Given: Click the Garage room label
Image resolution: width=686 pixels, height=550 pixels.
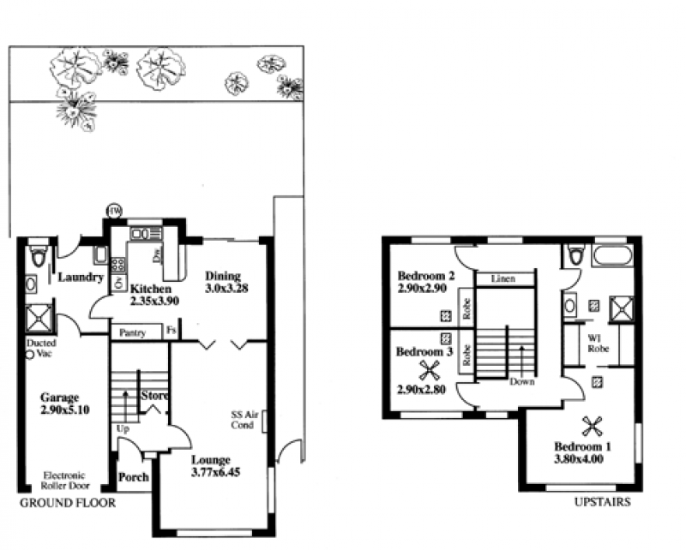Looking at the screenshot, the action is pos(59,398).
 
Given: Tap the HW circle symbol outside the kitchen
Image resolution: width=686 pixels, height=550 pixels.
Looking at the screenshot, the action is pos(115,211).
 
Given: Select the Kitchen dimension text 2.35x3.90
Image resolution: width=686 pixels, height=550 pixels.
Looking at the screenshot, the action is pos(155,301).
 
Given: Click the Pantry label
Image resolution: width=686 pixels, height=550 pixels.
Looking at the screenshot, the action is pos(132,333).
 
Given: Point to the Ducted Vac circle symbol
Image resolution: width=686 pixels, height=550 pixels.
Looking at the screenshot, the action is pos(30,355).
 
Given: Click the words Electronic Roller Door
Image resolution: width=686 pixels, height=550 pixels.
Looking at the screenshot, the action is pos(65,480).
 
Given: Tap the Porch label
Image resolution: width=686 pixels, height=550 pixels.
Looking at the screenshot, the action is pos(134,477).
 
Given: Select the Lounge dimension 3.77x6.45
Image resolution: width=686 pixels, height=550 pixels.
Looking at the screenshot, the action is pos(216,472).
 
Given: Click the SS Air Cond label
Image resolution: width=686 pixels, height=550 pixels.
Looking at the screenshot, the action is pos(244,420).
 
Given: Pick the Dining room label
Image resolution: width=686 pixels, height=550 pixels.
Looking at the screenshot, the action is pos(223,276).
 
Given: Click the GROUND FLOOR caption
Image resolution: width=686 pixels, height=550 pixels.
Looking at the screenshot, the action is pos(68,503).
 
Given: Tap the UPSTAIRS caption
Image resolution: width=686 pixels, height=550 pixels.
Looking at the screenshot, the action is pos(603,502).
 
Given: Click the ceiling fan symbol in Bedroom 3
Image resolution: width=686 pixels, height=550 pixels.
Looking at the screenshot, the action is pos(429,370).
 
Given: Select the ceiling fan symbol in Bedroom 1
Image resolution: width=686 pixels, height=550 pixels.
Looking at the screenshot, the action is pos(592,427).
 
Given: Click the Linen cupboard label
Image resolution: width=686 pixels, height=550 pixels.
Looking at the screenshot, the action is pos(503,278).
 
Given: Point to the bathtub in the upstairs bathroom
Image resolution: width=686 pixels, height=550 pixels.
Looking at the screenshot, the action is pos(612,255).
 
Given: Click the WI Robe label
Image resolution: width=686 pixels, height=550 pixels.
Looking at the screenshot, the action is pos(598,344).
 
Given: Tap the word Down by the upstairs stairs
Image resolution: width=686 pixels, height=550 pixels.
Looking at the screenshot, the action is pos(522,382).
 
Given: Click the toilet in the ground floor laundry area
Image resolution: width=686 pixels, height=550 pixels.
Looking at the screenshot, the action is pos(39,255).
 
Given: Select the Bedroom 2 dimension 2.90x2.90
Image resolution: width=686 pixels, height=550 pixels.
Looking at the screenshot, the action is pos(422,289).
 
